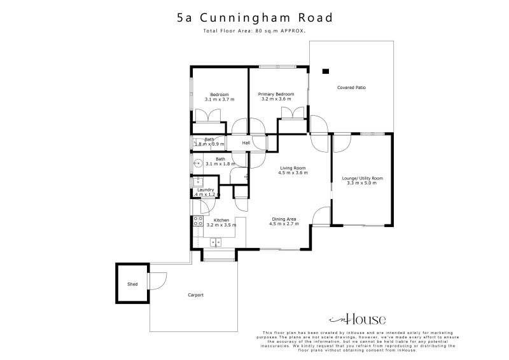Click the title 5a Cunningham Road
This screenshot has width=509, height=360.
254,18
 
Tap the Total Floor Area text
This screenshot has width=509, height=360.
254,31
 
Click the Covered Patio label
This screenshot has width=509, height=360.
351,87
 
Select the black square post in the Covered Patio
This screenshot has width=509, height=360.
325,71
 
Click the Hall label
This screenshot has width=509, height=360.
245,143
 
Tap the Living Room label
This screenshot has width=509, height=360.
293,167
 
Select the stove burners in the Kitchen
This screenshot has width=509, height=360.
198,221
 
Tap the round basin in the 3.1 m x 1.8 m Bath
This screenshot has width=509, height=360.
197,163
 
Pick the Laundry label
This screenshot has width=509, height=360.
206,190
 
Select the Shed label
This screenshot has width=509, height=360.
132,284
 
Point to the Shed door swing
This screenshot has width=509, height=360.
157,280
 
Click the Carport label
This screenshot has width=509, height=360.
195,295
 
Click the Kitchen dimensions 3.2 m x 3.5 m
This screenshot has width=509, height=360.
221,225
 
